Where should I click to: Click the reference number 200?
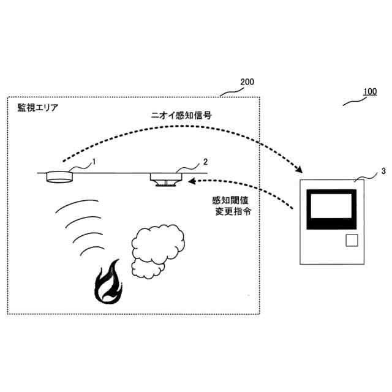coord(247,82)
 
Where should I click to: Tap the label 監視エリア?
coord(39,108)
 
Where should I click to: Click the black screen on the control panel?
coord(331,208)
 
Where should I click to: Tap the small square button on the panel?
coord(352,240)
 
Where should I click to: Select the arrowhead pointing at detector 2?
coord(191,181)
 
